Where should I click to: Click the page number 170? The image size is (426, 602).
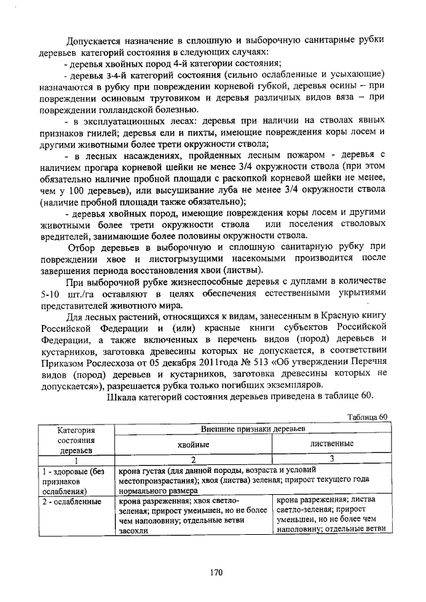pos(214,571)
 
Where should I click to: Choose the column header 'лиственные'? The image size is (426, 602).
pos(331,443)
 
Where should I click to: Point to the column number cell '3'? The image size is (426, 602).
pos(331,458)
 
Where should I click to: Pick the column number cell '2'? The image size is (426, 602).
pos(193,458)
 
